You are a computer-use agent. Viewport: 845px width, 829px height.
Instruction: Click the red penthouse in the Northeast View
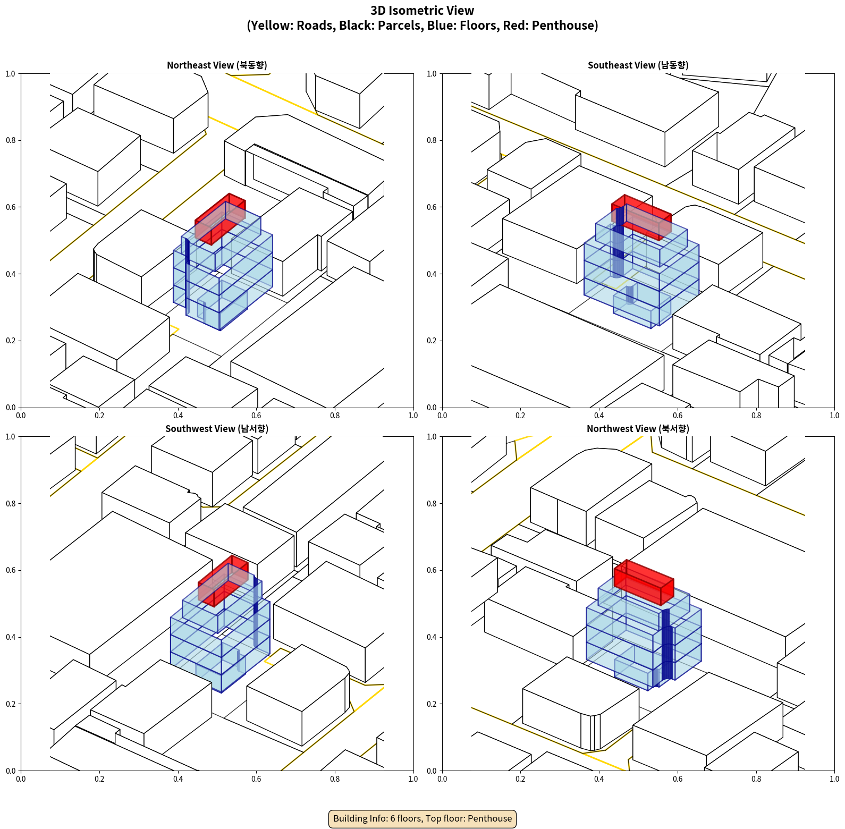[220, 219]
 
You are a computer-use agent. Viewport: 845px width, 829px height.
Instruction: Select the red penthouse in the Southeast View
[641, 217]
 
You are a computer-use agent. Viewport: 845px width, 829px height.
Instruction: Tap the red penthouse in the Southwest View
[223, 581]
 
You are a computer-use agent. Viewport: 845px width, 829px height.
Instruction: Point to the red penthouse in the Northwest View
[644, 582]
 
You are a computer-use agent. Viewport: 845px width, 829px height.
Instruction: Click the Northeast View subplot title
[217, 65]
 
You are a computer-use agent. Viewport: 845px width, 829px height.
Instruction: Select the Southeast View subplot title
[638, 65]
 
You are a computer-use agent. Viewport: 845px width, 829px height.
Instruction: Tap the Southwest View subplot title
[217, 429]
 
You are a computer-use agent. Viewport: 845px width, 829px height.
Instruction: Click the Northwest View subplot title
[638, 429]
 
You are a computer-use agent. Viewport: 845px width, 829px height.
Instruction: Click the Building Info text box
[422, 818]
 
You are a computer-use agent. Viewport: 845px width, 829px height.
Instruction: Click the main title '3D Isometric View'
[422, 11]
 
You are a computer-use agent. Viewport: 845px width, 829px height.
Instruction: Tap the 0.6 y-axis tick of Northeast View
[11, 207]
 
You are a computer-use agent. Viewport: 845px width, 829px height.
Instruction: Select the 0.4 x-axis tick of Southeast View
[599, 416]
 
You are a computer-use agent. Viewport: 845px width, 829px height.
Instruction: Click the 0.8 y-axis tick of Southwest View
[11, 503]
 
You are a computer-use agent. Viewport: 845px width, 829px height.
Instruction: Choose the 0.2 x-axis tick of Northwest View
[520, 779]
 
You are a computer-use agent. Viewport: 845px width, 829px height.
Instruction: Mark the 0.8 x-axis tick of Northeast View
[335, 416]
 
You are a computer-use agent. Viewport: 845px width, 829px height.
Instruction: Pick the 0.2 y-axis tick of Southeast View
[432, 341]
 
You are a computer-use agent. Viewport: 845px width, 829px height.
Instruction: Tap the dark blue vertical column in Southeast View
[618, 242]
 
